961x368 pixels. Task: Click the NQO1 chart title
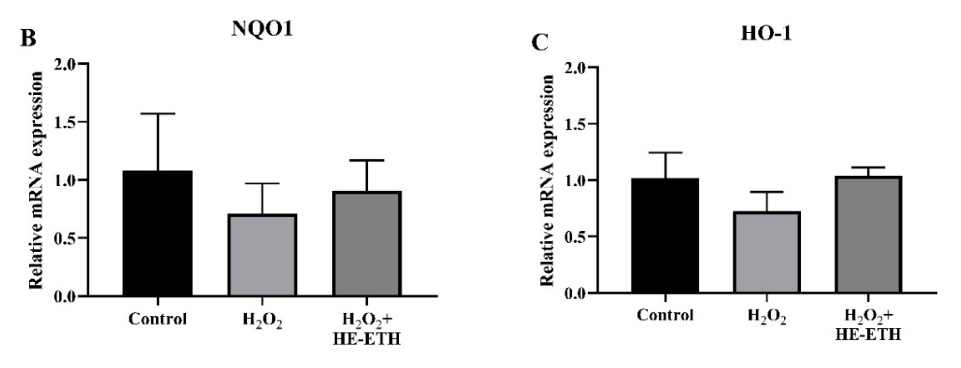point(262,29)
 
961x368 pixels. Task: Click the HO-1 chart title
point(766,34)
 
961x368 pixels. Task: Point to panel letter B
point(28,38)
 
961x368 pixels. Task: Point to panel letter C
point(540,43)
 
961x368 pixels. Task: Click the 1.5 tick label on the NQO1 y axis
point(65,122)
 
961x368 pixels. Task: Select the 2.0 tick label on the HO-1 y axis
point(576,68)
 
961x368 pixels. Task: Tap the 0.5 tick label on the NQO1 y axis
point(65,238)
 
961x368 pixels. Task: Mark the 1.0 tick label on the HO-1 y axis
point(576,180)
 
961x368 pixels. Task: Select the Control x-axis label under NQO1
point(157,319)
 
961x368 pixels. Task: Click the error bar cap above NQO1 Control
point(157,113)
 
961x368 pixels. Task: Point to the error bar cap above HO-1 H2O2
point(767,192)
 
